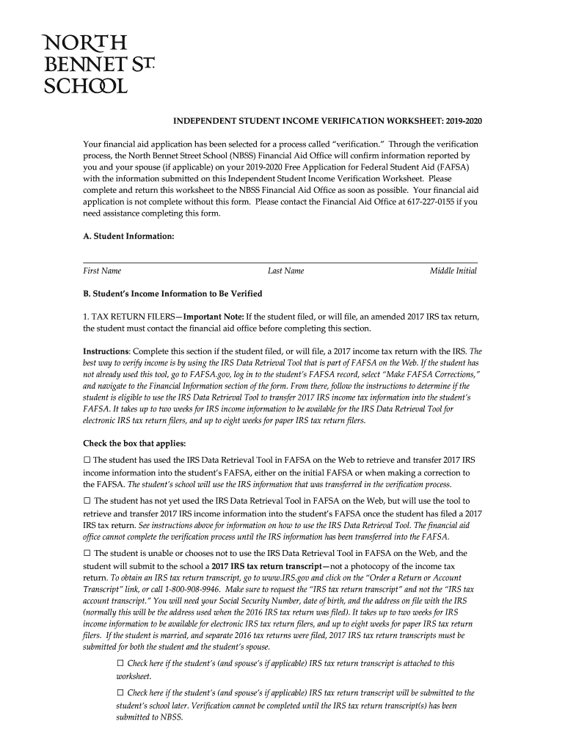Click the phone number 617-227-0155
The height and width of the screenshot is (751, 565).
pyautogui.click(x=423, y=201)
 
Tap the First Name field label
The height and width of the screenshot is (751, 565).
pyautogui.click(x=102, y=271)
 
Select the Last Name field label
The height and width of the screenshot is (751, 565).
pyautogui.click(x=285, y=271)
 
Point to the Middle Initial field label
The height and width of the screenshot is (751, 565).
pyautogui.click(x=453, y=271)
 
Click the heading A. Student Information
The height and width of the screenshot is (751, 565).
pyautogui.click(x=128, y=236)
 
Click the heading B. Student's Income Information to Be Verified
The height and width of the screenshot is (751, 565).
pyautogui.click(x=172, y=294)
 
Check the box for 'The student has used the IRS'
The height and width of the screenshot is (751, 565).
pyautogui.click(x=87, y=460)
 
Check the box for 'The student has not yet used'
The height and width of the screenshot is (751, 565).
pyautogui.click(x=87, y=500)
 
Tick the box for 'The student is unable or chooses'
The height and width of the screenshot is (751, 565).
pyautogui.click(x=87, y=554)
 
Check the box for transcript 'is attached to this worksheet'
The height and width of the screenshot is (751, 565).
pyautogui.click(x=120, y=664)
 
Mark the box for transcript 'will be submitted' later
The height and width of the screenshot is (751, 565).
pyautogui.click(x=120, y=693)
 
